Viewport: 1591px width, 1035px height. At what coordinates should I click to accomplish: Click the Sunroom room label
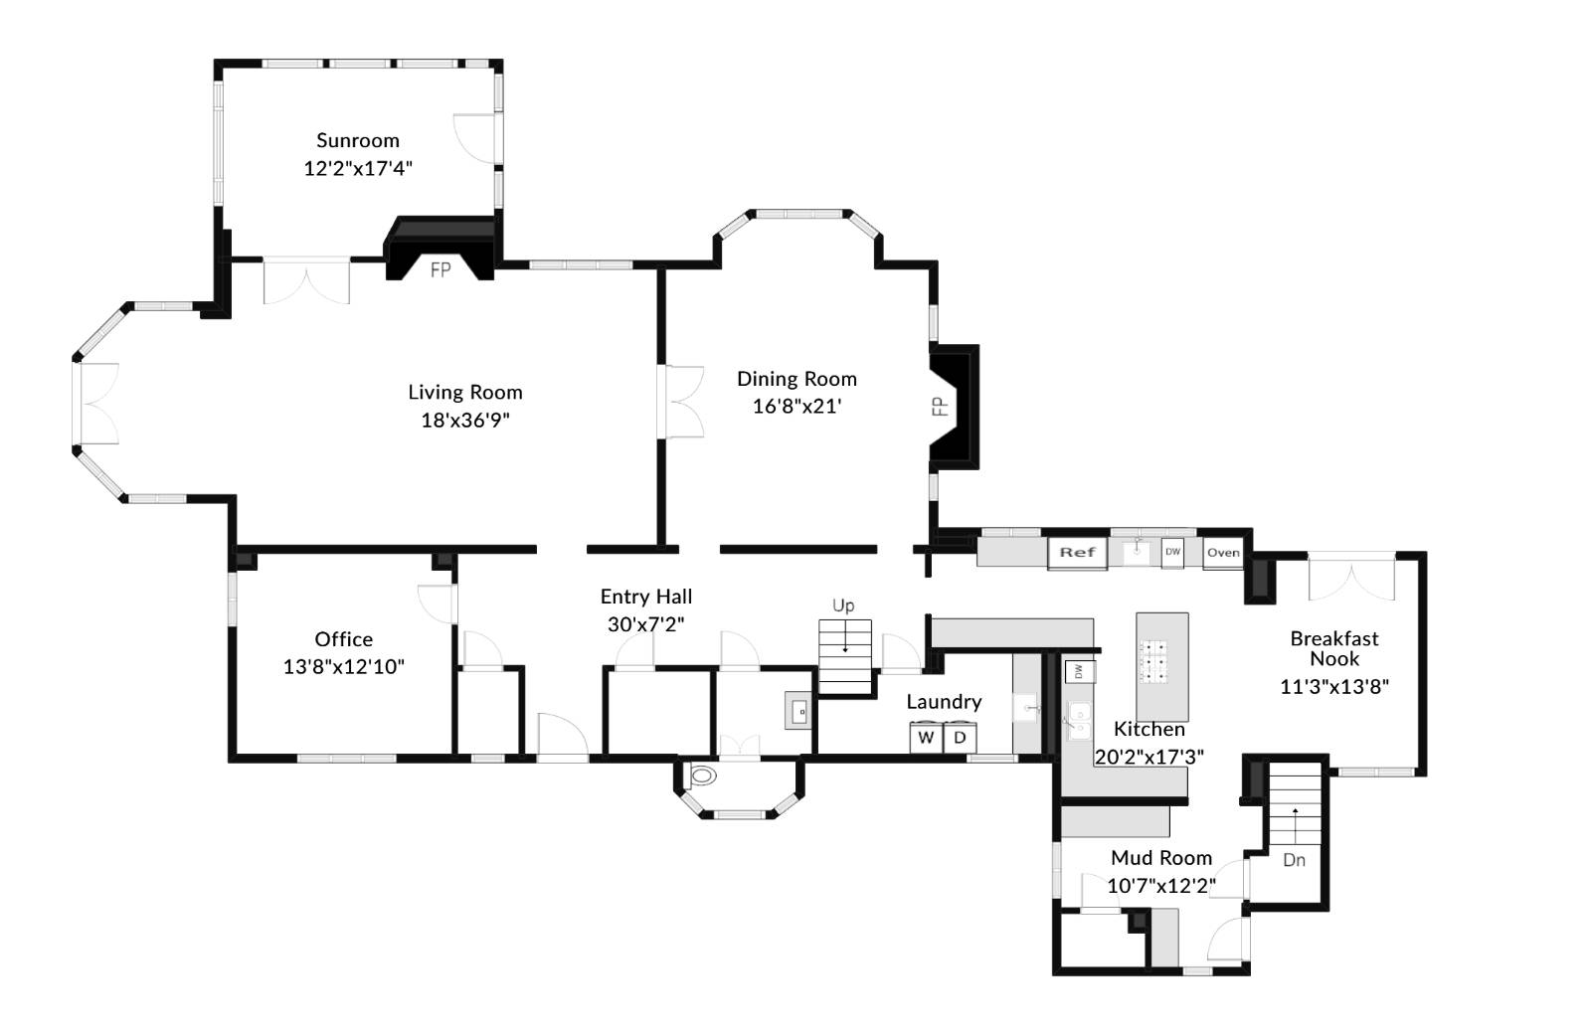pos(358,140)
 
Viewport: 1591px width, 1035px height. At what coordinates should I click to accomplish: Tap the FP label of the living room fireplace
pos(441,269)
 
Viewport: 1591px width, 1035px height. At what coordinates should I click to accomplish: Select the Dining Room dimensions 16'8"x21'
pos(796,406)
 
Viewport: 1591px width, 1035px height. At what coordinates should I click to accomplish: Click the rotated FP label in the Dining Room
pos(938,406)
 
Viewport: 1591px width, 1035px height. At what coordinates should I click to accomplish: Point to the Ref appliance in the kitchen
pos(1077,553)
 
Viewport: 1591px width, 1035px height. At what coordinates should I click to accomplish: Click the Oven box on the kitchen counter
pos(1223,553)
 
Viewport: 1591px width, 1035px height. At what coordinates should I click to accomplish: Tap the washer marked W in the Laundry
pos(926,738)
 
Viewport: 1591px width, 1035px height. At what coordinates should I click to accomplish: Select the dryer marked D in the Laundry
pos(961,738)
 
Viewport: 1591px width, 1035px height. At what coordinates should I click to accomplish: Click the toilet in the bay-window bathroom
pos(701,776)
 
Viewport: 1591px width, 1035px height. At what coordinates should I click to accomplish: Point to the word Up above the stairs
pos(843,605)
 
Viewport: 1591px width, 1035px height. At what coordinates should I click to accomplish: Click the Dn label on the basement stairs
pos(1294,860)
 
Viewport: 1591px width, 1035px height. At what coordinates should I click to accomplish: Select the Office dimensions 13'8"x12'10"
pos(344,666)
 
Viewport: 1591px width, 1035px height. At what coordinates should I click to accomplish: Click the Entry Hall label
pos(646,597)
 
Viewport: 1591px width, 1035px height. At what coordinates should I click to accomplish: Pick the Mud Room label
pos(1161,858)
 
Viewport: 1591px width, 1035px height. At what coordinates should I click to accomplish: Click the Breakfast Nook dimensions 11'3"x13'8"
pos(1333,686)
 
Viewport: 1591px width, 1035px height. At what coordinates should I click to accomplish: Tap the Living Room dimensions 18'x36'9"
pos(465,420)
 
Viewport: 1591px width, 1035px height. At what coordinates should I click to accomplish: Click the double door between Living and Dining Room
pos(683,401)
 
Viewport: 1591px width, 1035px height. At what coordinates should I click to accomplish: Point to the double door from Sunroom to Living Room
pos(306,282)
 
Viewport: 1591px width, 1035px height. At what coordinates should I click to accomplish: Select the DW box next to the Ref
pos(1172,552)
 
